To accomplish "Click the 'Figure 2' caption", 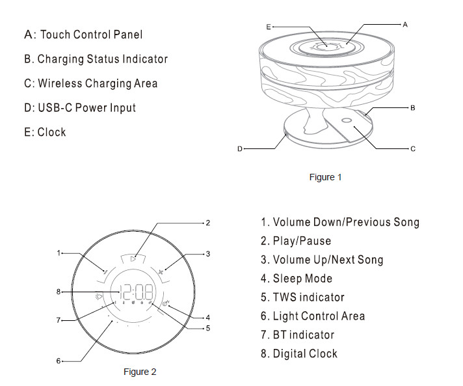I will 140,372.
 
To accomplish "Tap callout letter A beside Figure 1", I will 405,24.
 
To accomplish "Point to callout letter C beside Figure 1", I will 412,149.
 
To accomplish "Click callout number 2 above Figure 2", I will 208,223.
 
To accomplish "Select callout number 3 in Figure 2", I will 207,253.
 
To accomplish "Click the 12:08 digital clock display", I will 133,292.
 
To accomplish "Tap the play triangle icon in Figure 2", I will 133,258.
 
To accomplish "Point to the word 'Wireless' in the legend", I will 59,83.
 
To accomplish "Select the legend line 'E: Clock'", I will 45,131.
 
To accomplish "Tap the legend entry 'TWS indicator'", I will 308,297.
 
